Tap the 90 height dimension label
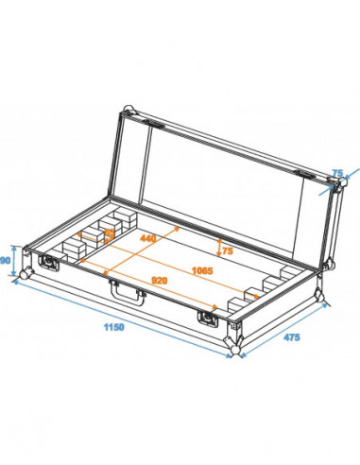[8, 260]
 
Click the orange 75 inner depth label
[227, 250]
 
